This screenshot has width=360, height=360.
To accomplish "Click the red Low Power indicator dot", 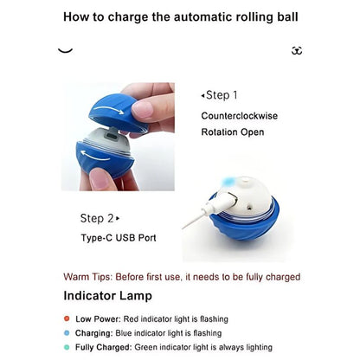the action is pos(67,318).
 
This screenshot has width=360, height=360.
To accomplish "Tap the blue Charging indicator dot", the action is pos(67,333).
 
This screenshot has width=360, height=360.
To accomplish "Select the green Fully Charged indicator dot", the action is pos(67,347).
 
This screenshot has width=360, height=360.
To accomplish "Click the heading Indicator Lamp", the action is pos(107,296).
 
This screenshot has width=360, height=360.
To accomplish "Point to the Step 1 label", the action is pos(219,95).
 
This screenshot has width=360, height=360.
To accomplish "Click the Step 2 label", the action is pos(100,218).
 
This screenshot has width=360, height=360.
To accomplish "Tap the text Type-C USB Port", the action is pos(119,238).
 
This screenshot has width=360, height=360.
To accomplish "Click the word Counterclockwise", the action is pos(240,116).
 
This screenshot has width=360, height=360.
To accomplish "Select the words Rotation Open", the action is pos(233,132).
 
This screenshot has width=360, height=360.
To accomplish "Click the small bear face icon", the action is pos(297,50).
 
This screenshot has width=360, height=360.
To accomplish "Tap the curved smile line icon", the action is pos(65,51).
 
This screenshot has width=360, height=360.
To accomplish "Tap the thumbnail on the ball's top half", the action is pos(142,110).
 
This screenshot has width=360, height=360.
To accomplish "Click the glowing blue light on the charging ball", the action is pos(229,182).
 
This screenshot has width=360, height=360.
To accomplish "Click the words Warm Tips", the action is pos(87,277).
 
